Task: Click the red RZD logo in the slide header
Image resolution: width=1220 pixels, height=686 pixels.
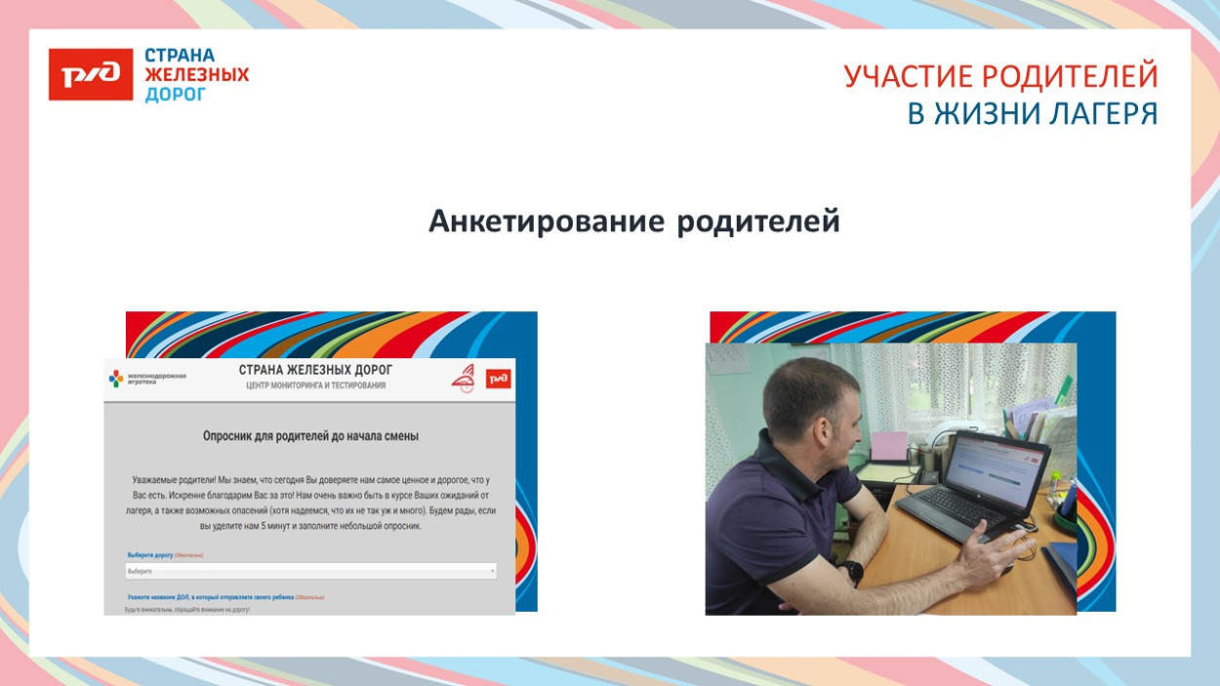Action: (90, 75)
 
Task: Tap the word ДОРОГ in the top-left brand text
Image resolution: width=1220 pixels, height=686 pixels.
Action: (176, 95)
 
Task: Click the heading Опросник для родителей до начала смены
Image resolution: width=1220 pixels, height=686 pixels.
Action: (310, 436)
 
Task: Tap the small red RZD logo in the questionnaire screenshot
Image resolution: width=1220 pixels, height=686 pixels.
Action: (498, 379)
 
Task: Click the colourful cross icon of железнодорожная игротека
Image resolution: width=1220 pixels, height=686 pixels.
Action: (116, 378)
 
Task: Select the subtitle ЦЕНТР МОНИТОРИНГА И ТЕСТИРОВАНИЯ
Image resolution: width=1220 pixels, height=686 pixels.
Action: (315, 385)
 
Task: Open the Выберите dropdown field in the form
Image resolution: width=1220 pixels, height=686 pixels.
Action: (310, 571)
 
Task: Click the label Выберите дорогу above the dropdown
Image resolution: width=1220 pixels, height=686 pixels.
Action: (150, 555)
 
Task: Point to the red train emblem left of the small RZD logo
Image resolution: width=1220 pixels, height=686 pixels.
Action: (464, 380)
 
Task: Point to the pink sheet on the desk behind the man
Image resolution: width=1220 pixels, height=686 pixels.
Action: (888, 446)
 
